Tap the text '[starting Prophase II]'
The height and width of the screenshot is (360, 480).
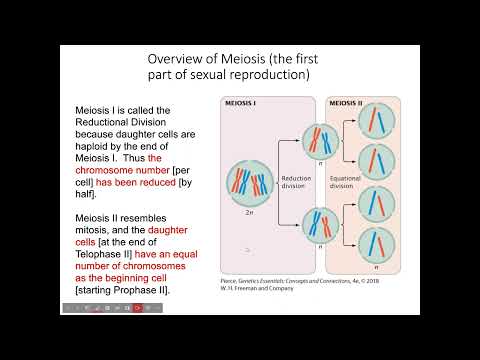(128, 290)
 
